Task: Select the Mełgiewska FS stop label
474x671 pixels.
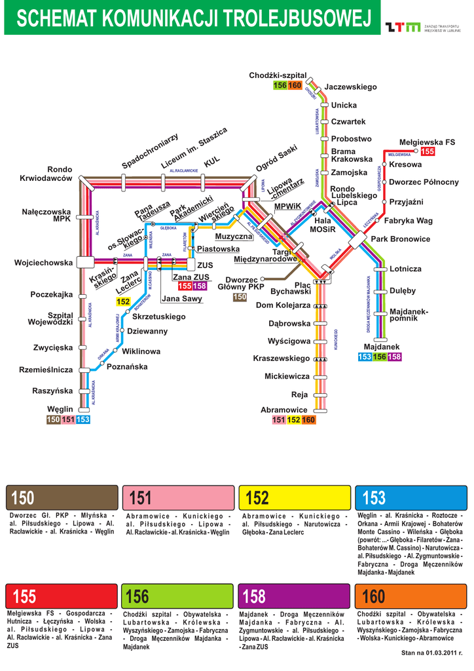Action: pos(427,142)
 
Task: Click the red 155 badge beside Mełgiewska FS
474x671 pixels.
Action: pos(428,151)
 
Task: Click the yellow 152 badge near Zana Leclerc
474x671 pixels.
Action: pos(122,301)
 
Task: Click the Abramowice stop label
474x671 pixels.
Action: pos(284,410)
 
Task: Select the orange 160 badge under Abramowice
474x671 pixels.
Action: pos(308,419)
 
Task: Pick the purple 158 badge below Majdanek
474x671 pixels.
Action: pos(394,356)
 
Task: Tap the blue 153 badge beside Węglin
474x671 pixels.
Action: pos(83,419)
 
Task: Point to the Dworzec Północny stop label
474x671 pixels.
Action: pos(424,182)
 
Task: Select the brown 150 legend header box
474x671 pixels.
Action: pos(62,498)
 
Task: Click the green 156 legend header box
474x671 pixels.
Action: pos(178,596)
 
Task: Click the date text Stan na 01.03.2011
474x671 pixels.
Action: pos(431,653)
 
